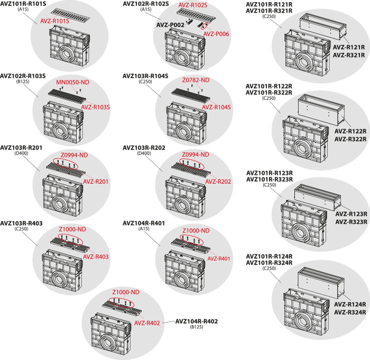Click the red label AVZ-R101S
(55, 21)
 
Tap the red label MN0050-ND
(72, 83)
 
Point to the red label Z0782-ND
(195, 80)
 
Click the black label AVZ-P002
(170, 25)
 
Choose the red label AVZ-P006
(216, 34)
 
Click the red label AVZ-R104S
(216, 107)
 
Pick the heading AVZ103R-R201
(21, 148)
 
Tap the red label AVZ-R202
(218, 181)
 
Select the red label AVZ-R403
(96, 257)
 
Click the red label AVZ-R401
(218, 258)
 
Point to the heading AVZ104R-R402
(196, 321)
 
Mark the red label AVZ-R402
(147, 323)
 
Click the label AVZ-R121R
(349, 47)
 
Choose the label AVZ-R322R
(350, 139)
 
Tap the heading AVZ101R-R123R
(269, 173)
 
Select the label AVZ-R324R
(350, 312)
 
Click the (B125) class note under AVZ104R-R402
(196, 327)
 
